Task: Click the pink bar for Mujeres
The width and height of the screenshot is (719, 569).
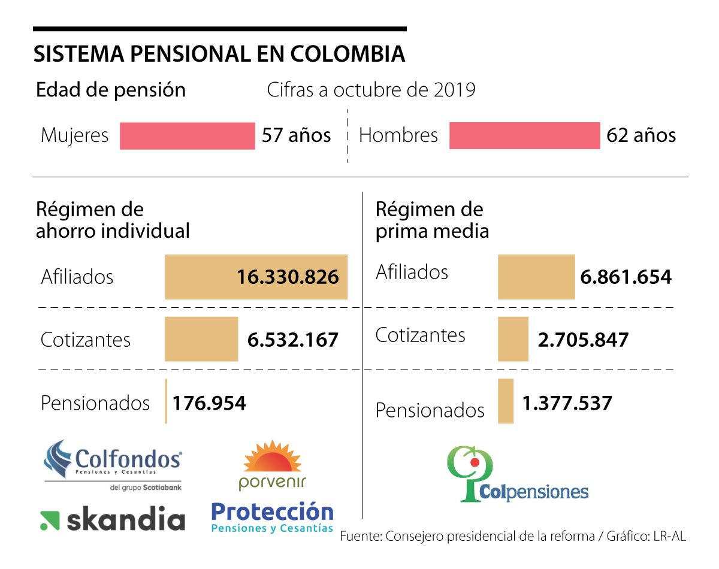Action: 187,135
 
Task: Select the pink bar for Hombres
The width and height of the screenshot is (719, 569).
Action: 524,135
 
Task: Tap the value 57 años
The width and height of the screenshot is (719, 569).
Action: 296,135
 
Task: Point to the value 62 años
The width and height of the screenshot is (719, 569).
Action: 641,135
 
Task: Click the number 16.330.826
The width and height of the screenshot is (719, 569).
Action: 288,277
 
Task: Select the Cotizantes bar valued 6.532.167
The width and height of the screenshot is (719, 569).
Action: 201,339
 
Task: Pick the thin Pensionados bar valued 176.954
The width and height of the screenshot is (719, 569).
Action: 166,401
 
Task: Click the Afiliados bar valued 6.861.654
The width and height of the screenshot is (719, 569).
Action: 536,277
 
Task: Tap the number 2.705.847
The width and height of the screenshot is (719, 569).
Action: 583,340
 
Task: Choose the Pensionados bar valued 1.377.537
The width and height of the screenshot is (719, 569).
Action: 506,401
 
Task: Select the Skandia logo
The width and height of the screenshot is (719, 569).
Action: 113,520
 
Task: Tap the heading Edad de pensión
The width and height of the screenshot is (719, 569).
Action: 111,90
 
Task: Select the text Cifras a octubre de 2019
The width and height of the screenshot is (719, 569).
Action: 371,90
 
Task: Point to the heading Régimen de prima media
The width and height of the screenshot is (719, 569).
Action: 432,220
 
